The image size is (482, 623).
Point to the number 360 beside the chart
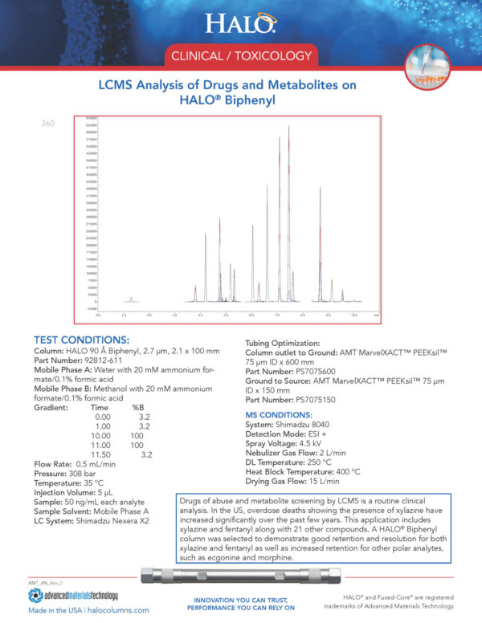click(x=47, y=124)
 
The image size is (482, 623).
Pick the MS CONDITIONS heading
click(x=278, y=414)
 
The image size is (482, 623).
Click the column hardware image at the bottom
click(x=241, y=576)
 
